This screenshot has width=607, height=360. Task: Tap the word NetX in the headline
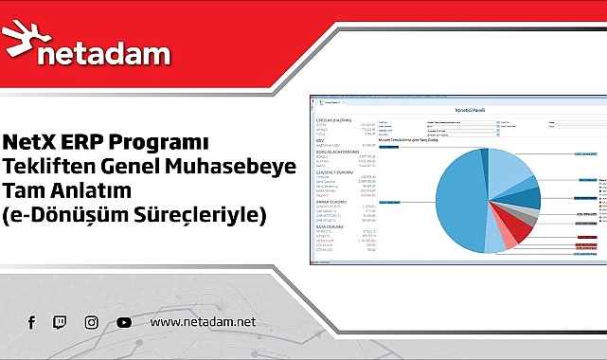(31, 144)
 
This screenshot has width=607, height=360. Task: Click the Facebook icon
(31, 323)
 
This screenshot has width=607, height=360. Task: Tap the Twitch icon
(60, 323)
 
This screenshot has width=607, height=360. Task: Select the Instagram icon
(91, 323)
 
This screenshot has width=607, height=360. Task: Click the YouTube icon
(124, 323)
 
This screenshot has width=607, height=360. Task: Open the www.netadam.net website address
(203, 323)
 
